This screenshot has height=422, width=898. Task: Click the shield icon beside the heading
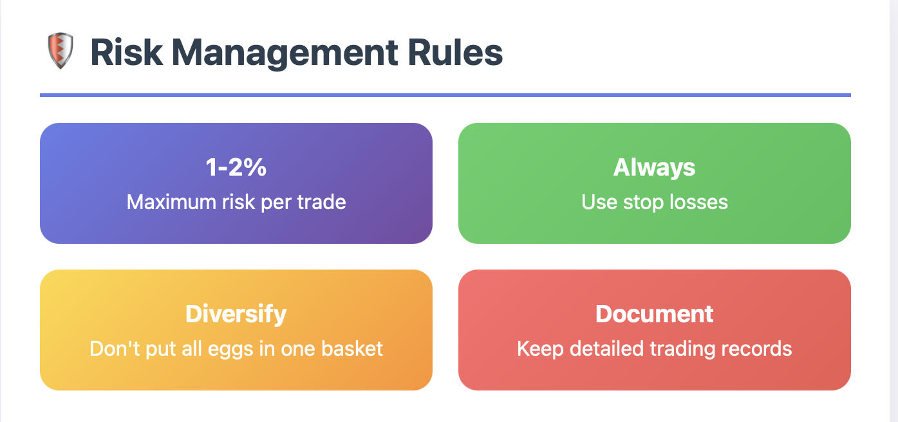60,50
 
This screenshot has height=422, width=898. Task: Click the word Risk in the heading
127,53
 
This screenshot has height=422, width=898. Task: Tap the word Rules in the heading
455,53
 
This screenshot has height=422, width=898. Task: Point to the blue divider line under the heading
445,95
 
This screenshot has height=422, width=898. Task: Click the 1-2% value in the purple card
236,167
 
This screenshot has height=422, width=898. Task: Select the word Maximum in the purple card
172,202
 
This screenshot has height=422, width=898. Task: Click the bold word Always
654,168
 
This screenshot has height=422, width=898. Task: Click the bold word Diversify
236,315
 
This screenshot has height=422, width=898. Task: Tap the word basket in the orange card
352,349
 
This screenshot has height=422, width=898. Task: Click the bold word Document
654,314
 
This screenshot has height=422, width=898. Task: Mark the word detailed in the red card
607,349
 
